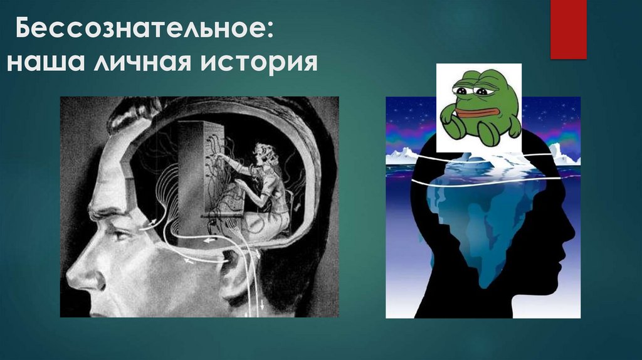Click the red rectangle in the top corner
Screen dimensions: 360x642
568,29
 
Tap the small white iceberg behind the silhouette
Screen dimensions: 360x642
402,156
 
